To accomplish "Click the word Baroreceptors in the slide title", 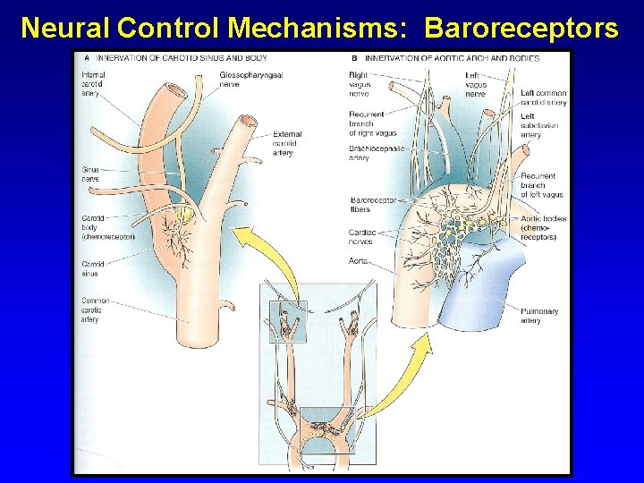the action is tap(521, 28).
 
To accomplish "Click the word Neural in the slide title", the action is tap(65, 28).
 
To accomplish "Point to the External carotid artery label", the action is tap(287, 143).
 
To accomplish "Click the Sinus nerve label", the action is tap(90, 174).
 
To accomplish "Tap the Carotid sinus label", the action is tap(93, 269).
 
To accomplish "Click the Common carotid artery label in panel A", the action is tap(95, 309).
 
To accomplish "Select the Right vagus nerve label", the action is tap(359, 85).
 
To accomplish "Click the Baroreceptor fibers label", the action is tap(374, 205).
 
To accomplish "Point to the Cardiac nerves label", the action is tap(362, 236).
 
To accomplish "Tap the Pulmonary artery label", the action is tap(539, 316).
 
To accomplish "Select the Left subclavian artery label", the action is tap(540, 125).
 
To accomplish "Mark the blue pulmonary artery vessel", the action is tap(487, 286).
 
